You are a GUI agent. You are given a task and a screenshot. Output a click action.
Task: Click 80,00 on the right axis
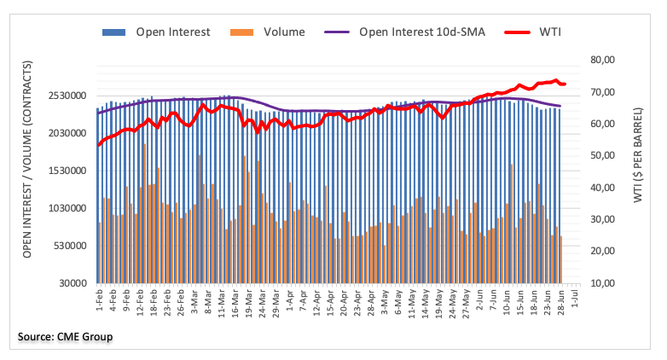point(602,60)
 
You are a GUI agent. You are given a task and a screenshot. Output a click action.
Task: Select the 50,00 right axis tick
point(602,155)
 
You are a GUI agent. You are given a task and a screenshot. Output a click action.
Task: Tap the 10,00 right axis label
point(602,283)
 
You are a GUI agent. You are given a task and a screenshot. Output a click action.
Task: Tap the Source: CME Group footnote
point(66,337)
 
